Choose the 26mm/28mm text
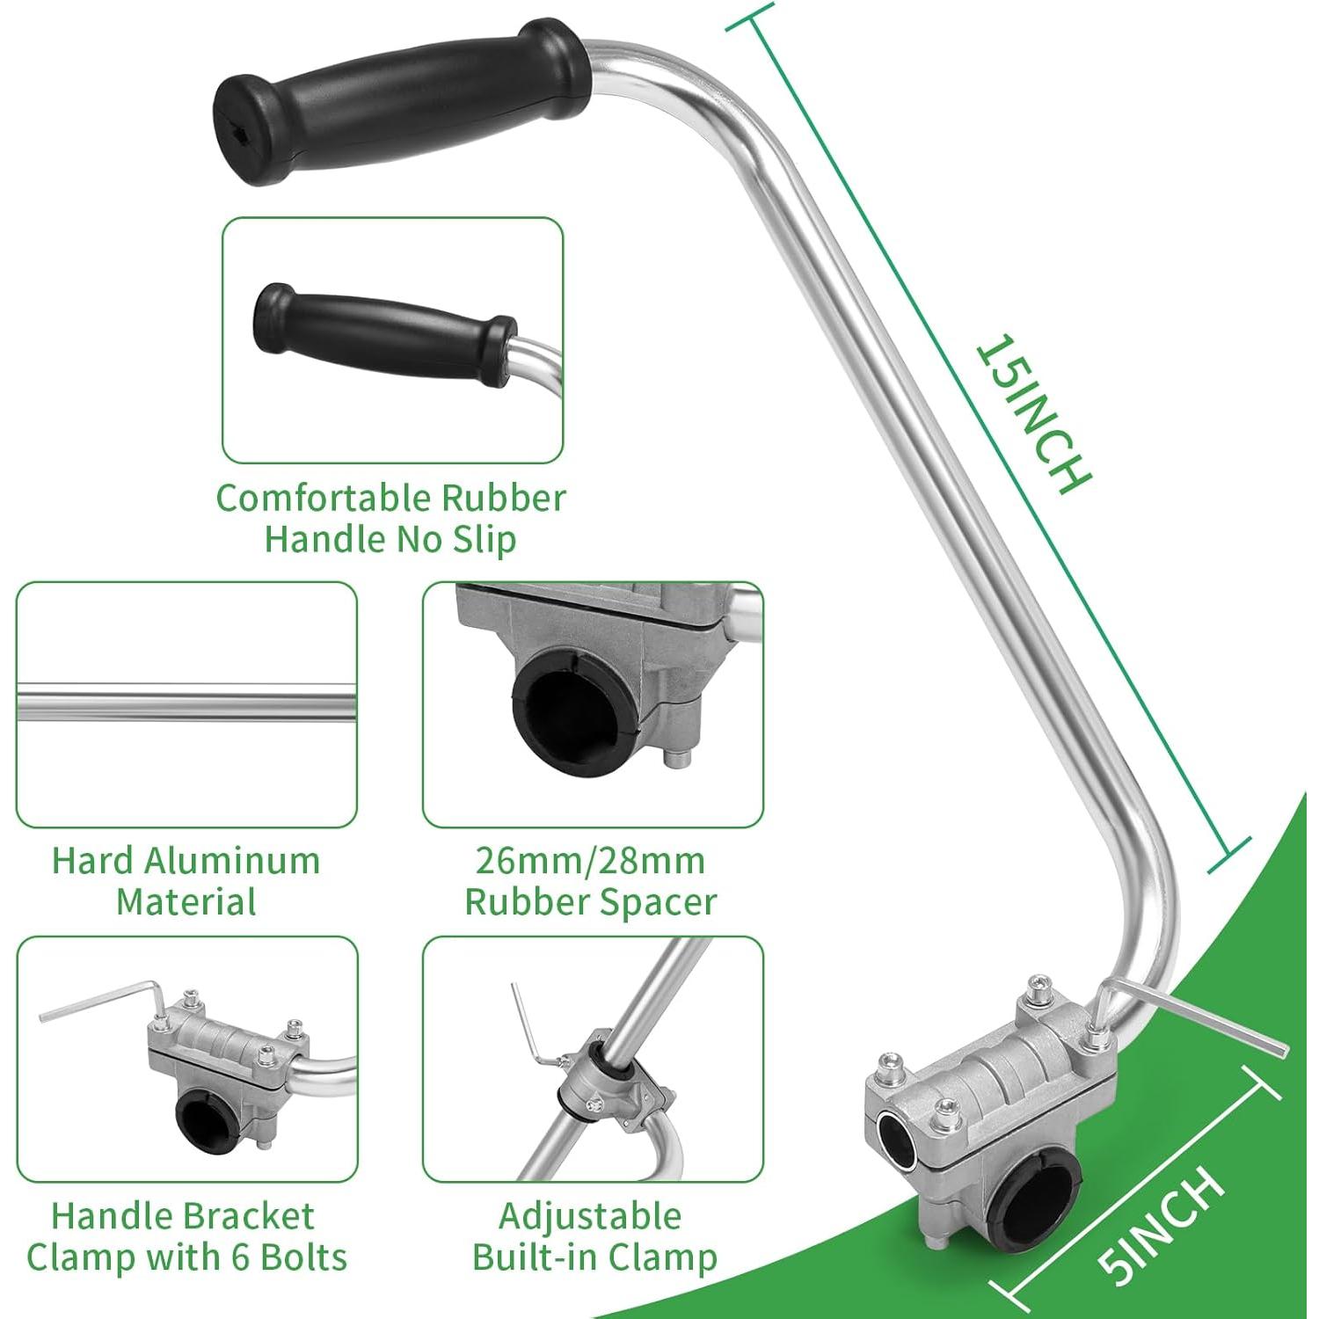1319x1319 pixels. (590, 861)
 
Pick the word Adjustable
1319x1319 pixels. (590, 1216)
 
